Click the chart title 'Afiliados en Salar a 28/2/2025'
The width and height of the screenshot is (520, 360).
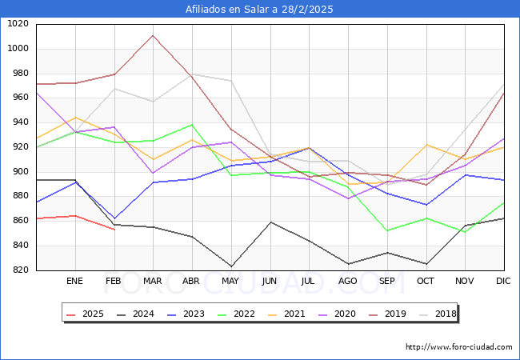pyautogui.click(x=259, y=10)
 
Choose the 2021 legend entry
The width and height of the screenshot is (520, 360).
pyautogui.click(x=290, y=314)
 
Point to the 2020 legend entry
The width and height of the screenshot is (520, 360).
pyautogui.click(x=340, y=314)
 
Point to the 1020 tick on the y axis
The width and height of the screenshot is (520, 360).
pyautogui.click(x=18, y=24)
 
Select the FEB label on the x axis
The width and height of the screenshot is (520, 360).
pyautogui.click(x=114, y=282)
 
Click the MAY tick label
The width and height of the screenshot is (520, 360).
pyautogui.click(x=231, y=282)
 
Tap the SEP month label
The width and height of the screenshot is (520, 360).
pyautogui.click(x=387, y=282)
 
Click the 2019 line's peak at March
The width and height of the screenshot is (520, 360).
pyautogui.click(x=153, y=35)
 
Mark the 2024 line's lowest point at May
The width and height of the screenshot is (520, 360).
pyautogui.click(x=231, y=266)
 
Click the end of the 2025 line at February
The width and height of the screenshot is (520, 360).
pyautogui.click(x=114, y=230)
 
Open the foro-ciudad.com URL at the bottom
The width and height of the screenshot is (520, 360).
pyautogui.click(x=458, y=347)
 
